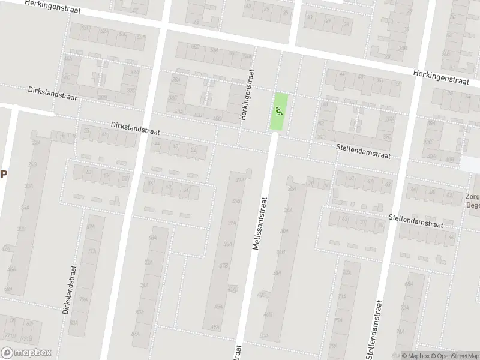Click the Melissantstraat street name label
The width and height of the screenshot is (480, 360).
pyautogui.click(x=262, y=221)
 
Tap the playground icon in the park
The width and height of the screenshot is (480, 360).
pyautogui.click(x=278, y=110)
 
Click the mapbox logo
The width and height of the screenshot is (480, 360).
pyautogui.click(x=26, y=353)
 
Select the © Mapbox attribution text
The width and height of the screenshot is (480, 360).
pyautogui.click(x=415, y=356)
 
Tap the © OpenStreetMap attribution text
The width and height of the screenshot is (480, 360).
pyautogui.click(x=456, y=356)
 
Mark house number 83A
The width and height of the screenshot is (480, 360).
pyautogui.click(x=73, y=323)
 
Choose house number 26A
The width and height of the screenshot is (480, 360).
pyautogui.click(x=292, y=189)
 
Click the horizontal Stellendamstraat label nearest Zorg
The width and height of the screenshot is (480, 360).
pyautogui.click(x=415, y=221)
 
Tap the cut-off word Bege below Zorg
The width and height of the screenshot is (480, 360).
pyautogui.click(x=473, y=205)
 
